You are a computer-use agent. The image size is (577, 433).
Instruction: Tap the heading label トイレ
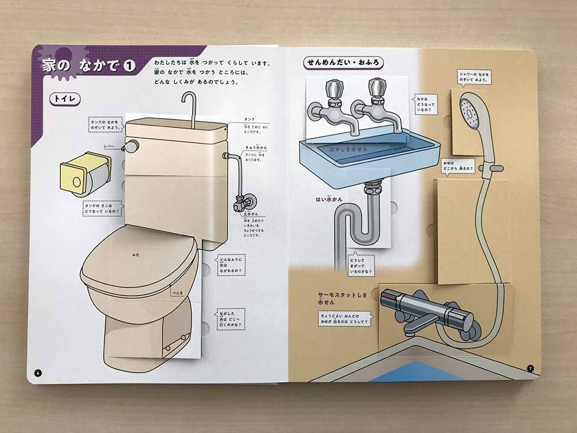[x=65, y=99]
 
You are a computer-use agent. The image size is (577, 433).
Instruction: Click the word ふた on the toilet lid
[x=135, y=254]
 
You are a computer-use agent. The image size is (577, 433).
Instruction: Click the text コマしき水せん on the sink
[x=350, y=149]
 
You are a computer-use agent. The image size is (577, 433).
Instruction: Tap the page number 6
[x=38, y=372]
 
